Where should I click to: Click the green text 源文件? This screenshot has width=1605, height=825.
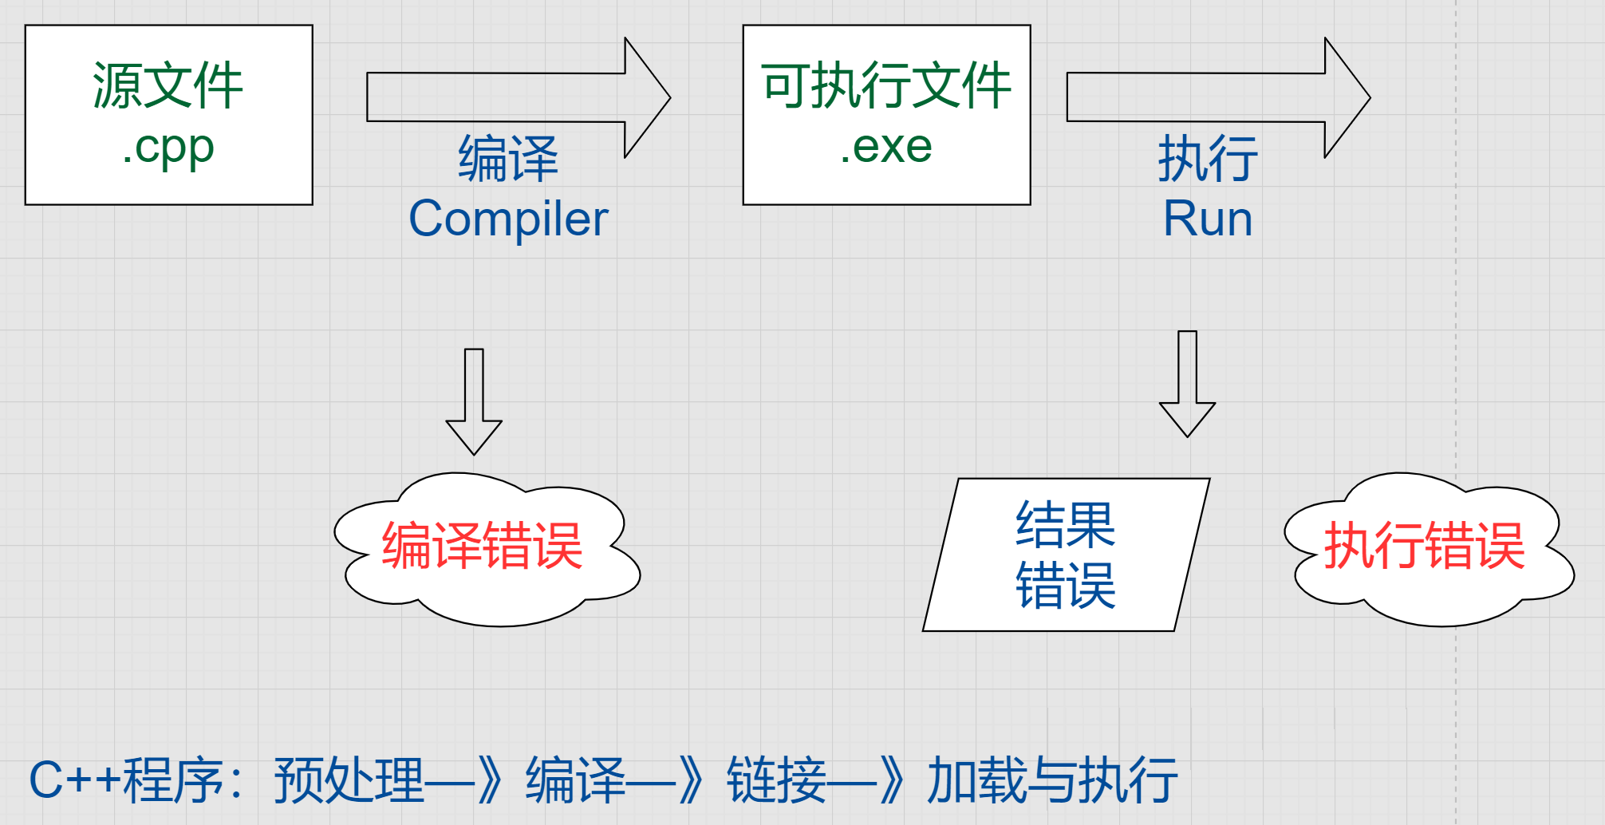pos(168,85)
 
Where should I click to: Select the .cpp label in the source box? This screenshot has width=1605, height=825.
pos(168,148)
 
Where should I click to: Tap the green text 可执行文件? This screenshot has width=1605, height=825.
pos(886,85)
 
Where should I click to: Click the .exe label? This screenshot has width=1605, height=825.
pos(886,147)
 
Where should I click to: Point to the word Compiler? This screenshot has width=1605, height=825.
pos(508,219)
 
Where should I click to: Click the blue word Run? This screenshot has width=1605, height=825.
pos(1208,219)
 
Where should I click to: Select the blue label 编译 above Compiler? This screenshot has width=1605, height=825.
pos(508,159)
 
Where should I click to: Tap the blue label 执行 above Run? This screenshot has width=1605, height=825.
pos(1208,159)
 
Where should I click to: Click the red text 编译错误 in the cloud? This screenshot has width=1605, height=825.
pos(482,547)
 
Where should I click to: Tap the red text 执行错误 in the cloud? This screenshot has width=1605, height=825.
pos(1425,547)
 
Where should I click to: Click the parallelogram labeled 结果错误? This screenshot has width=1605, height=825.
pos(1066,555)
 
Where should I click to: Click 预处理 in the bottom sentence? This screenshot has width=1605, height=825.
pos(349,780)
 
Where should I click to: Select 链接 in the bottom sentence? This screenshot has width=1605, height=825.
pos(776,780)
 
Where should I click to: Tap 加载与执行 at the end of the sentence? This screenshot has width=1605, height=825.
pos(1052,780)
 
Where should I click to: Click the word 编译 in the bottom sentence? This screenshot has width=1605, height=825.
pos(575,780)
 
